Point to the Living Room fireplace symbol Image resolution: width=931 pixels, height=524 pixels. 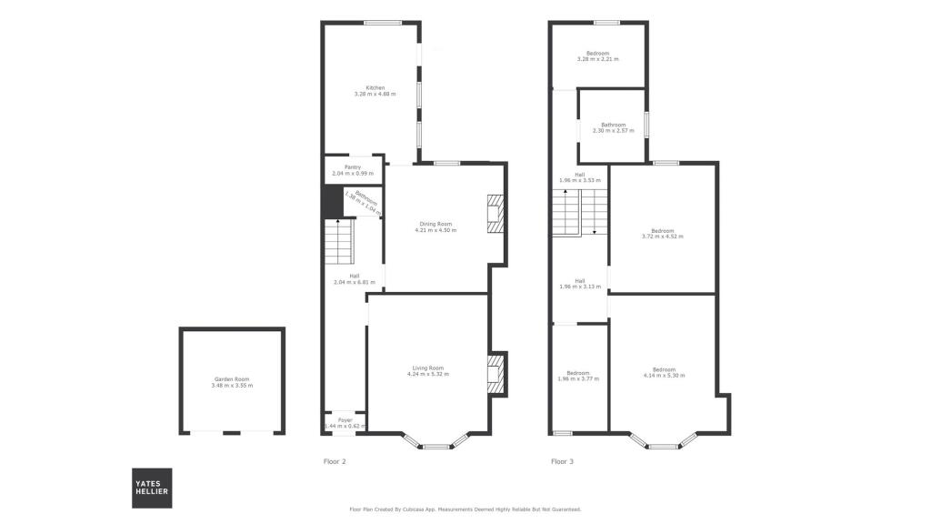point(496,374)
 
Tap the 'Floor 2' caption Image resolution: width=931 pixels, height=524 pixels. point(335,462)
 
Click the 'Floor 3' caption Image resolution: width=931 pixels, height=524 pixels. point(562,462)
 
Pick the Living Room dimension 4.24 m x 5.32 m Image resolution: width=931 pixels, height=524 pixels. point(427,374)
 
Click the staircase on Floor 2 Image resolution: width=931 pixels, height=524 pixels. point(338,241)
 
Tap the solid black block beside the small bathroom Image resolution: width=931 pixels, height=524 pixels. point(333,201)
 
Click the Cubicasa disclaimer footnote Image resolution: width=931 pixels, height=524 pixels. point(465,509)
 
